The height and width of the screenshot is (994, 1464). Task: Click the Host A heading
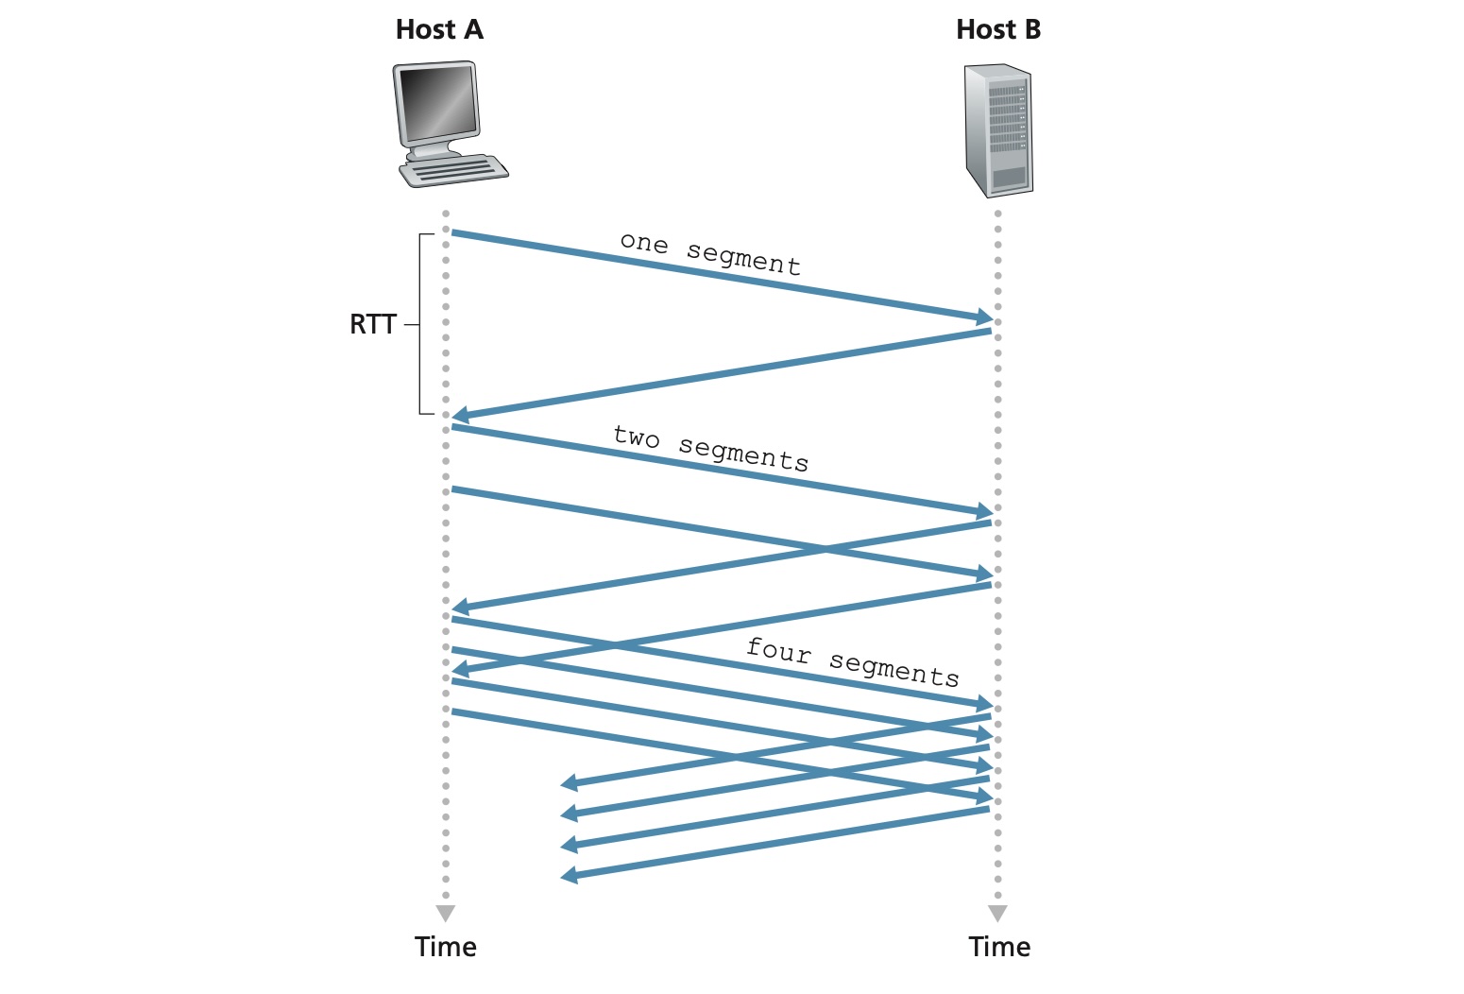click(439, 29)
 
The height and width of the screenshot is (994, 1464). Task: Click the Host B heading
click(997, 29)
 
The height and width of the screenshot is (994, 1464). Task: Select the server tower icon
click(997, 130)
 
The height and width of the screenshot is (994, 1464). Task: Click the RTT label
click(372, 324)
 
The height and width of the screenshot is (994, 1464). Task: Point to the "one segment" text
click(710, 253)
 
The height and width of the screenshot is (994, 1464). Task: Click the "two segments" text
click(710, 448)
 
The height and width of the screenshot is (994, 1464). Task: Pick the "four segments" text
click(852, 661)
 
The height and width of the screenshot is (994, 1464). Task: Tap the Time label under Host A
click(445, 947)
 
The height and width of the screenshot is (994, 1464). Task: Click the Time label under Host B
click(999, 947)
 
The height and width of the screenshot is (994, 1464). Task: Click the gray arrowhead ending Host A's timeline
click(446, 914)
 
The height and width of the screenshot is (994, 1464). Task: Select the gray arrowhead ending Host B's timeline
click(997, 914)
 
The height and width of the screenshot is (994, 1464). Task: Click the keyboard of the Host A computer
click(453, 171)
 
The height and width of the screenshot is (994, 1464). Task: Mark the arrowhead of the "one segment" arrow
click(984, 318)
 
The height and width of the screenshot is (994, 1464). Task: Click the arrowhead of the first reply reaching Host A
click(461, 416)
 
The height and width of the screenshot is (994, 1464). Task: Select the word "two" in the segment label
click(636, 437)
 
